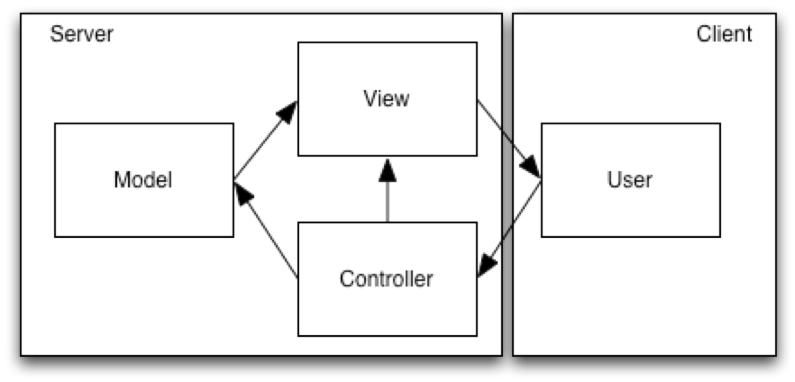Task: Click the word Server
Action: coord(81,34)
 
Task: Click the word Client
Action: coord(723,34)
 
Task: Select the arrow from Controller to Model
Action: coord(268,234)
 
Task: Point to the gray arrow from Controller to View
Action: coord(387,199)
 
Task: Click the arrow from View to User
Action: coord(492,119)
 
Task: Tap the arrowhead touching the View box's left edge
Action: coord(288,112)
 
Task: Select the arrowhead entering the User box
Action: coord(530,167)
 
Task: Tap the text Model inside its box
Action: coord(143,180)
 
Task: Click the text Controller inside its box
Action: coord(386,279)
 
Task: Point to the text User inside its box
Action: coord(629,180)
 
